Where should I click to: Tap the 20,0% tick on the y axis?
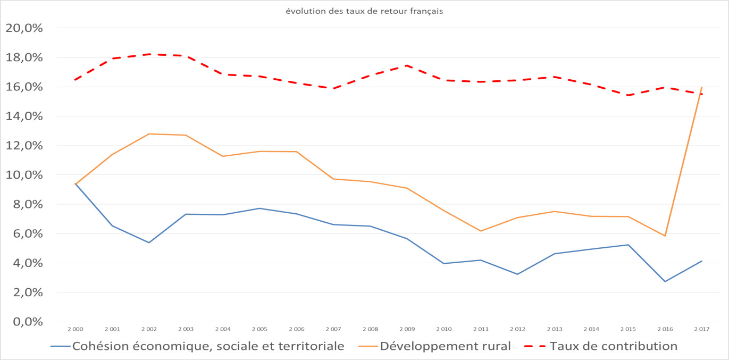24,28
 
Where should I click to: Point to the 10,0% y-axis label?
24,175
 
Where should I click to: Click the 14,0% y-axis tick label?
24,116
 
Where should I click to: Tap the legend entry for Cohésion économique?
207,346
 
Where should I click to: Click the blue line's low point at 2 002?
149,242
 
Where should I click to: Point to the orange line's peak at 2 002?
149,134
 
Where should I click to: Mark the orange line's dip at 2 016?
665,236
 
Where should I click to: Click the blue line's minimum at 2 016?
665,281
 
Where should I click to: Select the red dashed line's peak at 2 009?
407,65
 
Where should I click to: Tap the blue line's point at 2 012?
517,274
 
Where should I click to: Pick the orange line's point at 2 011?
481,231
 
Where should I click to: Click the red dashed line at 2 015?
628,95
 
